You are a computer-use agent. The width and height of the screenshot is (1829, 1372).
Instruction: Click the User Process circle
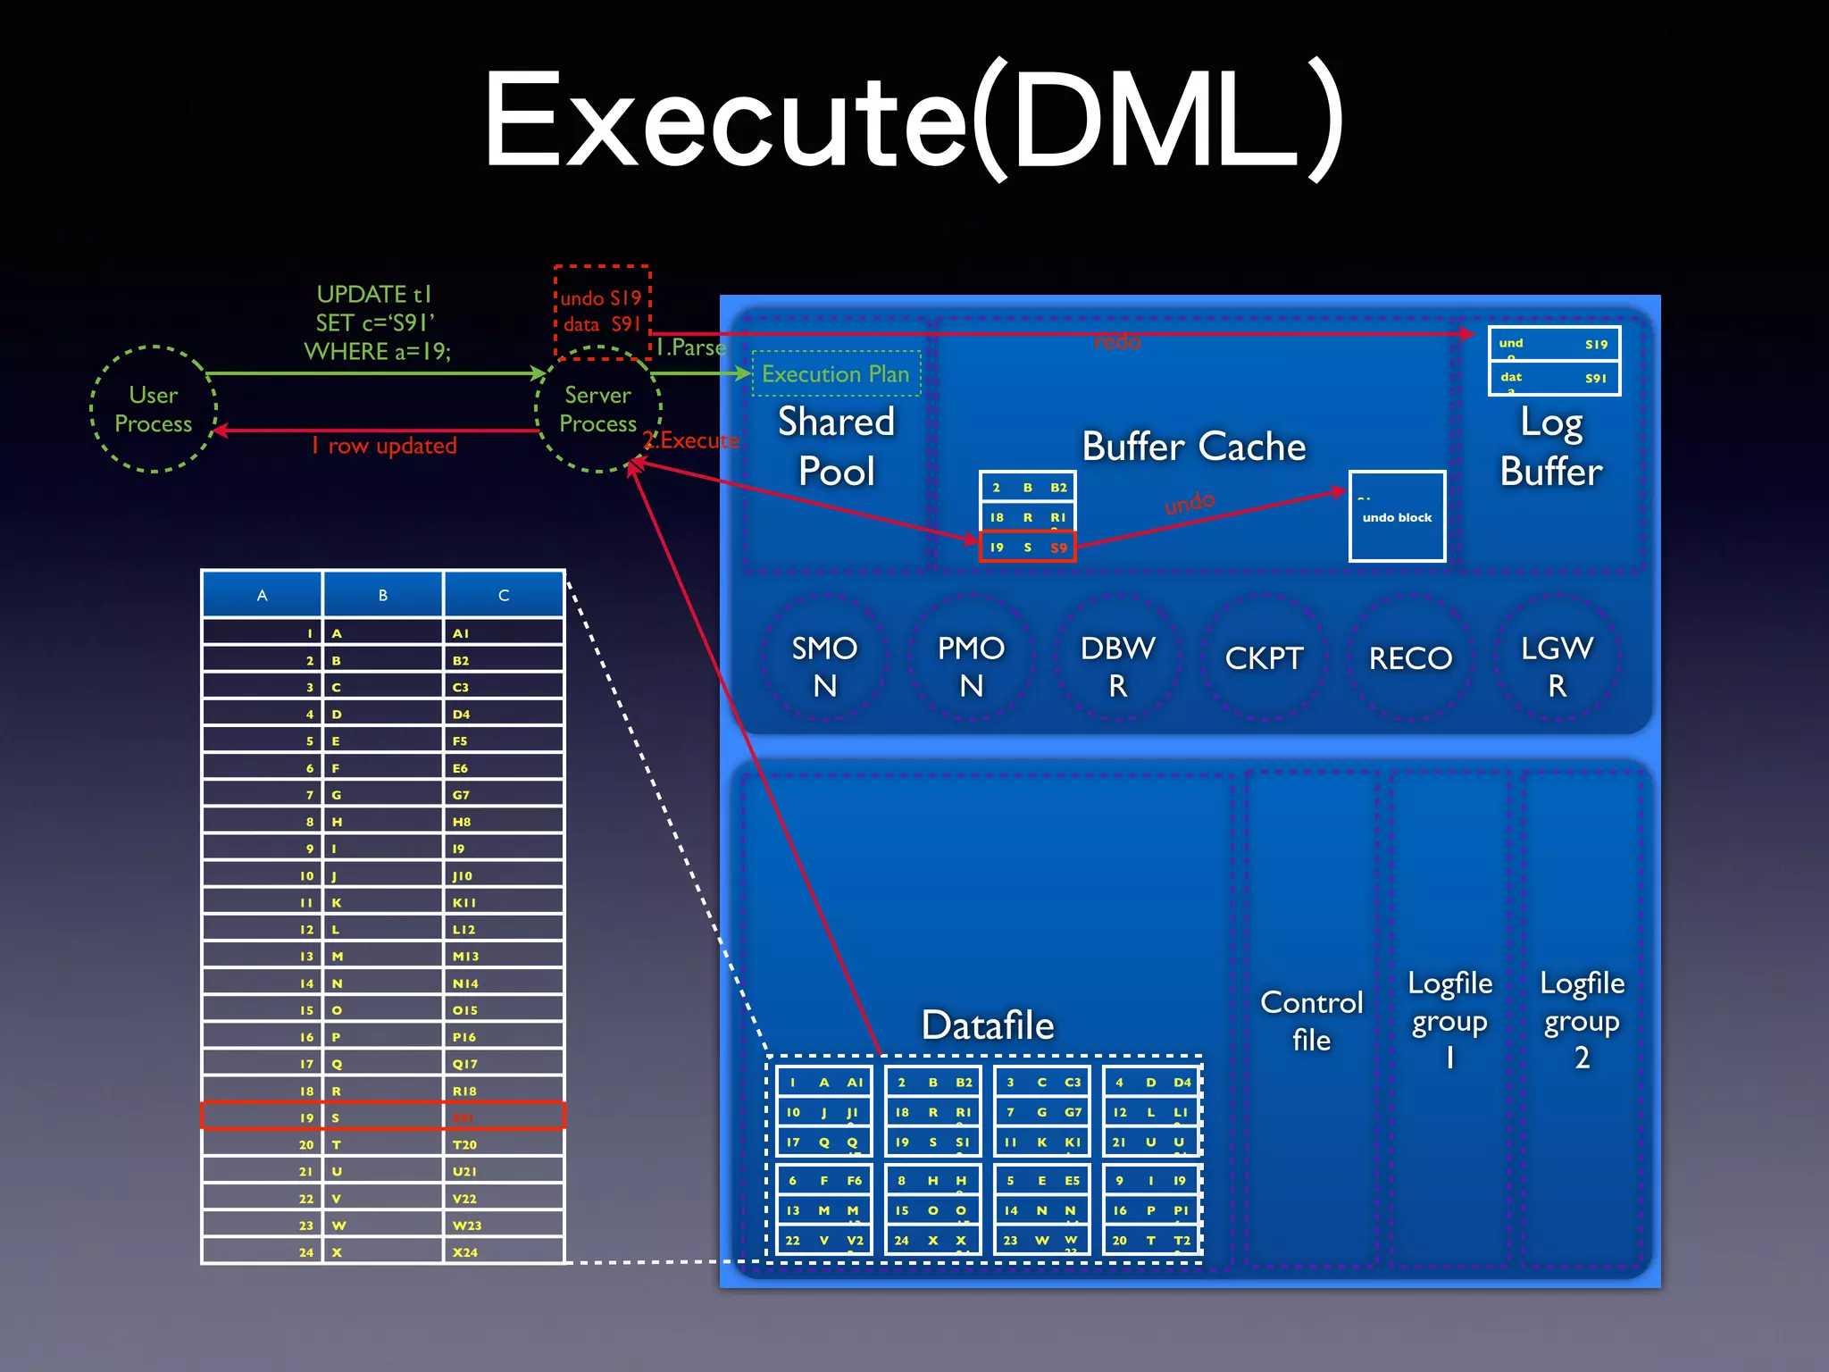154,409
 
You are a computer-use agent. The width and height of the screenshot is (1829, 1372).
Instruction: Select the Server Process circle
597,409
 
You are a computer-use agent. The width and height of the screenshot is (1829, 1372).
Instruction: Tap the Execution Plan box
835,373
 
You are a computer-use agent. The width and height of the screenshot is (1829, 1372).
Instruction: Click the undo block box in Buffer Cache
1397,516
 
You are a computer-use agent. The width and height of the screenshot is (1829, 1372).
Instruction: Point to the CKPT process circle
1264,658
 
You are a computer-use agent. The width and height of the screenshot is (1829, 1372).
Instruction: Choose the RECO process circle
1410,658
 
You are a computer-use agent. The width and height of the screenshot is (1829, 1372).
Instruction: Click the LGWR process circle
1557,665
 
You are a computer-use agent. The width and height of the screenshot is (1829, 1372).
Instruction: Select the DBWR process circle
1117,665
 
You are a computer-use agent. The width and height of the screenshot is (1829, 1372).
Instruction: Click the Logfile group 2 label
1582,1019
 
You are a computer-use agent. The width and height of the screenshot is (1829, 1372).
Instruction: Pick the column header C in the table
504,595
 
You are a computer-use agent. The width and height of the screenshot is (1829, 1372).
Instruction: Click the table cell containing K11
503,902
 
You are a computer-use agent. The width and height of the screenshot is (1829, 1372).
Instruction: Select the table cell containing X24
503,1251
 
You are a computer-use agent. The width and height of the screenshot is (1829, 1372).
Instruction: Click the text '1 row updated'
384,445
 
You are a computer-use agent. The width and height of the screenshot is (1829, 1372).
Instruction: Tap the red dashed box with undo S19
602,311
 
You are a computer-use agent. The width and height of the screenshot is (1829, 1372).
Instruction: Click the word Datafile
988,1025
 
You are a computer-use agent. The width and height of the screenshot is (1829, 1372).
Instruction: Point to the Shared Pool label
836,446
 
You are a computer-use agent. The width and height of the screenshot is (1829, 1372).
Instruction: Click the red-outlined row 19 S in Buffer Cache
1027,547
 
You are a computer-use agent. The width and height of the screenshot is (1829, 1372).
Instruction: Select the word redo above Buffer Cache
1117,341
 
